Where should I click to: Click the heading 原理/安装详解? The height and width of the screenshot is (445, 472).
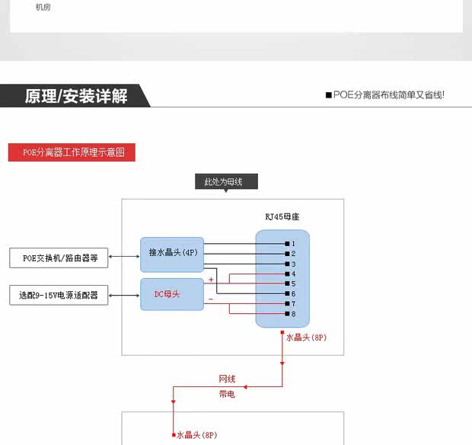(x=75, y=96)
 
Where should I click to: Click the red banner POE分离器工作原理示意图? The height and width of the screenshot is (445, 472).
(x=72, y=152)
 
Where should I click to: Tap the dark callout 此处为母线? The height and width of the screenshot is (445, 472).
(x=226, y=182)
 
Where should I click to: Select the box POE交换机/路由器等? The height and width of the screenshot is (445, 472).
(x=59, y=258)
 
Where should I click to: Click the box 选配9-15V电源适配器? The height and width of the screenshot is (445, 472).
(x=59, y=294)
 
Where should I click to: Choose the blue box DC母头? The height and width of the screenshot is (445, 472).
(x=172, y=294)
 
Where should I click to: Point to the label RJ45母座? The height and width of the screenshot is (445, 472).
(x=282, y=216)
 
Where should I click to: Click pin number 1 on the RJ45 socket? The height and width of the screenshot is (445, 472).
(x=292, y=243)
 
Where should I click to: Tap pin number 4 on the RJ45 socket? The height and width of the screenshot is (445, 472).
(x=292, y=274)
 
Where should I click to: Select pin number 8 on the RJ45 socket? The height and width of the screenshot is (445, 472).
(x=292, y=314)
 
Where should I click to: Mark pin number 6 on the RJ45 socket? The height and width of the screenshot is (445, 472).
(x=292, y=294)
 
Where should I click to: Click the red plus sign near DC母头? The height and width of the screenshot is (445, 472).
(x=211, y=280)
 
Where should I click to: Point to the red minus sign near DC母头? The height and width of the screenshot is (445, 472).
(x=211, y=299)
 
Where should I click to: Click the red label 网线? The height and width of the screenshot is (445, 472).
(x=227, y=379)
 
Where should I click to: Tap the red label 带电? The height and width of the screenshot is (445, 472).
(x=227, y=394)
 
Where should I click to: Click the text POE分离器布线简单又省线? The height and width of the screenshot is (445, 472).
(x=388, y=95)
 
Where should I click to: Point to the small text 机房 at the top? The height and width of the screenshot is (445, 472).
(x=43, y=8)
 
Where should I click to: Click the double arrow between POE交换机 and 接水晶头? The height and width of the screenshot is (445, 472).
(x=124, y=258)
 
